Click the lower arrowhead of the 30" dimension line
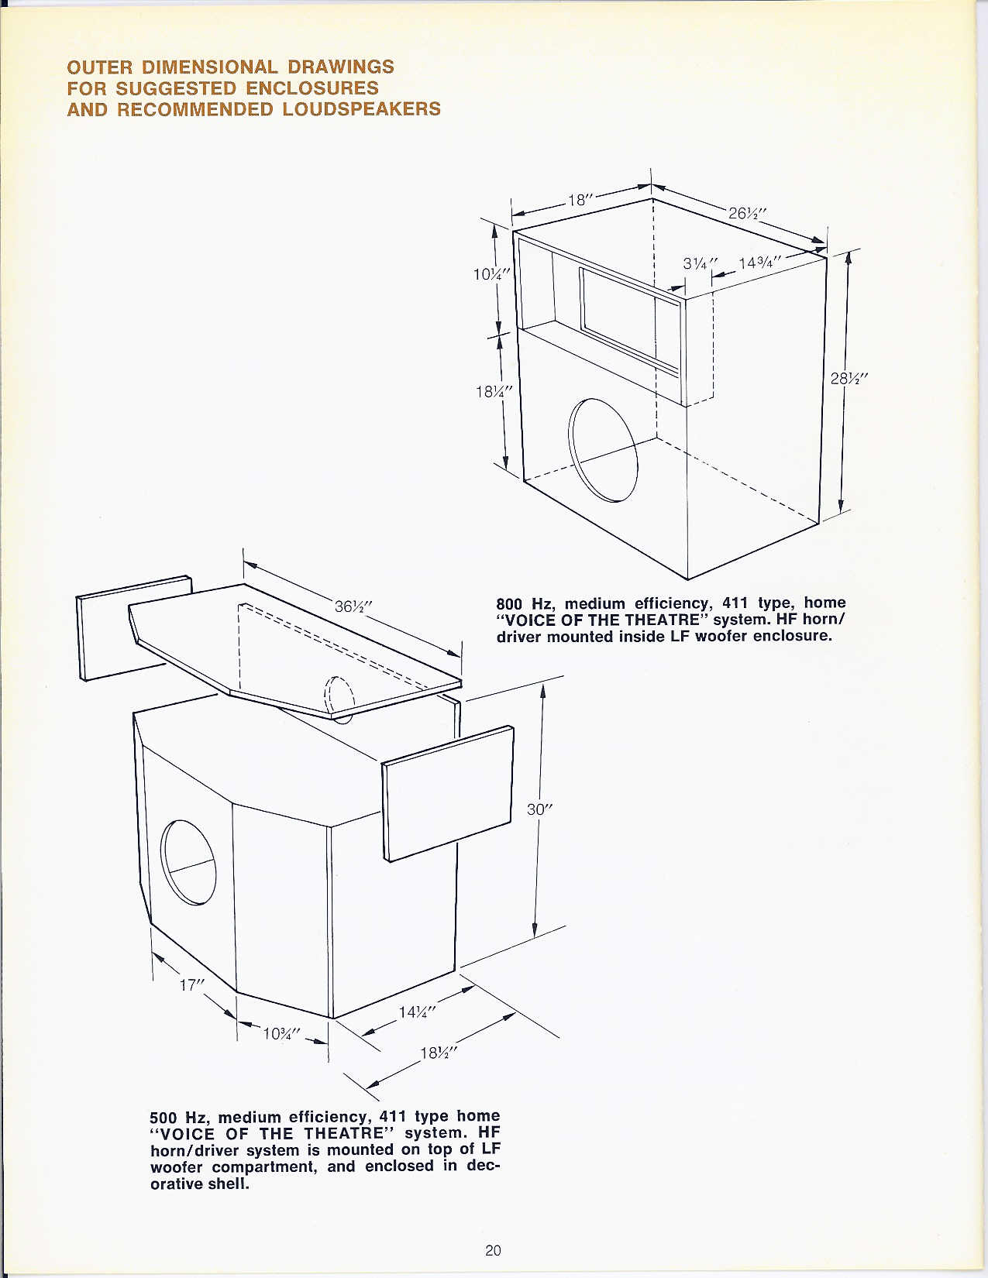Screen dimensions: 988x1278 tap(535, 931)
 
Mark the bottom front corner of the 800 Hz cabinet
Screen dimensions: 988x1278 tap(688, 579)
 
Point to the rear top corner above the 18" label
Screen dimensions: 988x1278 tap(652, 198)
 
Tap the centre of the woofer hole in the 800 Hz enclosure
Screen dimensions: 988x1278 tap(603, 450)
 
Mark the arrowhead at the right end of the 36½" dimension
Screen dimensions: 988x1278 tap(453, 654)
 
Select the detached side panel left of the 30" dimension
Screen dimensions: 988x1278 tap(447, 794)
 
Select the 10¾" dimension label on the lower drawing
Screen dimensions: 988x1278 tap(281, 1033)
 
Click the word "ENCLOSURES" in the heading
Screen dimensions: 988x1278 tap(312, 88)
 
